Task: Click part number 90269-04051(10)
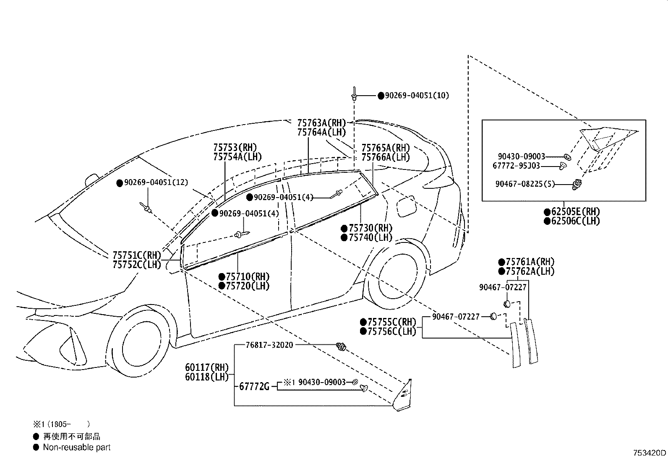tap(417, 96)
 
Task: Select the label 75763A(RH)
tap(321, 123)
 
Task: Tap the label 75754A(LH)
tap(237, 157)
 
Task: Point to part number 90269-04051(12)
tap(156, 182)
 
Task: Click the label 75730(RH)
tap(371, 228)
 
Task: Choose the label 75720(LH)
tap(248, 286)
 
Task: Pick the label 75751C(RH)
tap(137, 255)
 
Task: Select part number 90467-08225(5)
tap(525, 184)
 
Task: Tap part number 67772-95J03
tap(516, 166)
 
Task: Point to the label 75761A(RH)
tap(530, 262)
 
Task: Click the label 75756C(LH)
tap(392, 331)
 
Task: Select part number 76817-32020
tap(269, 345)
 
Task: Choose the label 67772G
tap(254, 387)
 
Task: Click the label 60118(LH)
tap(207, 377)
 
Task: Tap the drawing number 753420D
tap(650, 453)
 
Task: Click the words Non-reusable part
tap(77, 447)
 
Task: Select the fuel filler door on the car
tap(406, 206)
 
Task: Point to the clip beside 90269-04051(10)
tap(354, 94)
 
